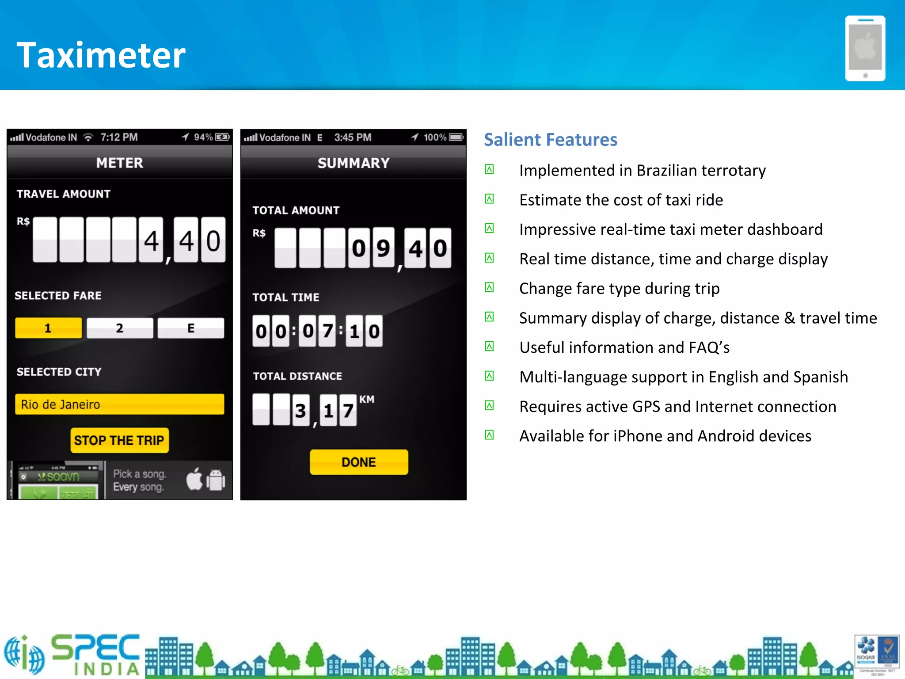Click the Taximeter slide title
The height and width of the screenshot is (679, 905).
(x=101, y=55)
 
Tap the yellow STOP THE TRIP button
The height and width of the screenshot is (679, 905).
(x=119, y=440)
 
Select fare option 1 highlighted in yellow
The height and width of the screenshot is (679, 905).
(x=48, y=328)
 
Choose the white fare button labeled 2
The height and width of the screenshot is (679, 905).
(x=120, y=328)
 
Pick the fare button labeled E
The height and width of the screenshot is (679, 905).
(x=191, y=328)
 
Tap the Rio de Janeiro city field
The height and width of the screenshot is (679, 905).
(x=119, y=404)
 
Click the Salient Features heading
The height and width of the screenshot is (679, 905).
(x=550, y=140)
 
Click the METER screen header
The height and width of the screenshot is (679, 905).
(x=120, y=163)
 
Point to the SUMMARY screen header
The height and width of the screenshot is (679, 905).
(x=354, y=163)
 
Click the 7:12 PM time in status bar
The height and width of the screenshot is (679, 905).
(x=119, y=137)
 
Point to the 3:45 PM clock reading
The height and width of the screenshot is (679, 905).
(x=353, y=137)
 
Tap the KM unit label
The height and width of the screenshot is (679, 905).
(x=367, y=400)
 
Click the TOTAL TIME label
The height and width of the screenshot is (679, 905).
(x=286, y=297)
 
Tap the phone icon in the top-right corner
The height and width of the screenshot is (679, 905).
(x=865, y=49)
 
